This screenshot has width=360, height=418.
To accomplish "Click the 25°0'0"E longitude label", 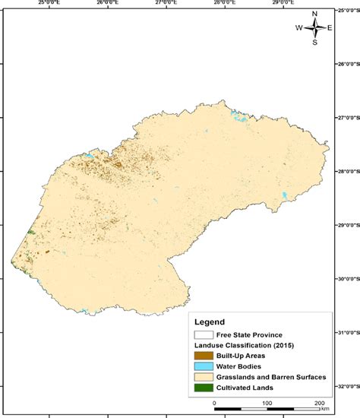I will (49, 4).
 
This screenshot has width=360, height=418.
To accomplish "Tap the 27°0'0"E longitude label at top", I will (166, 4).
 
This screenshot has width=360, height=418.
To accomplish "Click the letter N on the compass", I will (314, 14).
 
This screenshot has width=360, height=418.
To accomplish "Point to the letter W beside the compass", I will (299, 28).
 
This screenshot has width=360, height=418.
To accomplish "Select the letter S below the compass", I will (314, 43).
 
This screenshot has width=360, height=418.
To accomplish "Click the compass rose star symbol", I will (314, 28).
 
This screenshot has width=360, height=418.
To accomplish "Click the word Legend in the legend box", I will (210, 321).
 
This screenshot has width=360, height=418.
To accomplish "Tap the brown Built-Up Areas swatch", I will (203, 356).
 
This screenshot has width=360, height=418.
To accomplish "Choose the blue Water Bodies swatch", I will (203, 366).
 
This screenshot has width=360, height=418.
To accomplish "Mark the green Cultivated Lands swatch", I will (203, 388).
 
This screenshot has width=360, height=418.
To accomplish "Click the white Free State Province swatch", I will (203, 334).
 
